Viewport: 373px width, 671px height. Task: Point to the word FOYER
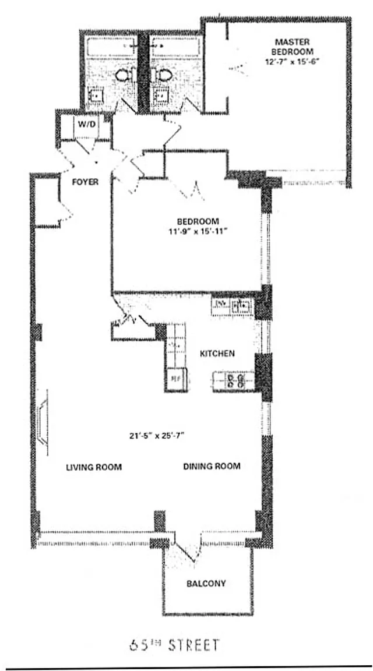coord(85,182)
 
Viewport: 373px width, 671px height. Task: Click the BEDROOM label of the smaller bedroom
coord(198,221)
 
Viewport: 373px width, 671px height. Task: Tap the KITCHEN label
coord(217,354)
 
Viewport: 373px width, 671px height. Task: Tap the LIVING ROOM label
coord(94,467)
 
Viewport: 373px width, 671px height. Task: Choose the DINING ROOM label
coord(212,467)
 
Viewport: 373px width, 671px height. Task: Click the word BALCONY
coord(206,583)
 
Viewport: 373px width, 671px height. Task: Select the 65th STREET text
coord(174,645)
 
